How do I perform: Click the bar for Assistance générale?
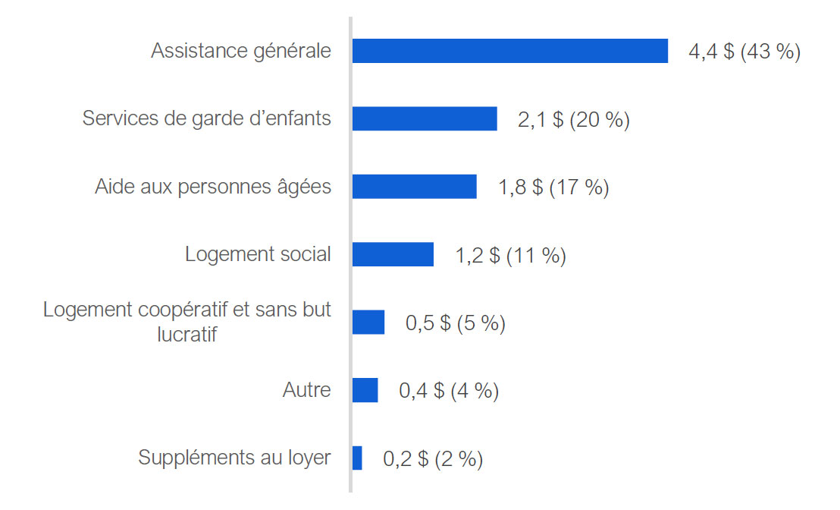point(509,51)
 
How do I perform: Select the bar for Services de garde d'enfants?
point(425,119)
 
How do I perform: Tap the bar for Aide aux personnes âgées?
point(414,187)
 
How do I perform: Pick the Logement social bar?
point(393,254)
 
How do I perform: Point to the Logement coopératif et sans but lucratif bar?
point(368,322)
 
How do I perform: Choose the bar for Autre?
point(365,390)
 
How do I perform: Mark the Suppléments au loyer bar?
point(357,458)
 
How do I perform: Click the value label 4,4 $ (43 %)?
point(744,52)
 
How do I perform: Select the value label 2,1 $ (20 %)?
point(573,120)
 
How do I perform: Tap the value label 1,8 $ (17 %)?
point(553,187)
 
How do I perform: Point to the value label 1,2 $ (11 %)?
point(510,256)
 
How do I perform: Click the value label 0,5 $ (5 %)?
point(455,323)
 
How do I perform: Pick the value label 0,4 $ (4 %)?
point(449,391)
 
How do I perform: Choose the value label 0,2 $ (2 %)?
point(432,459)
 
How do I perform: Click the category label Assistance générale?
point(241,51)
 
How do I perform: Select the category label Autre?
point(306,390)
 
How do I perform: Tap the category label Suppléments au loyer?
point(234,458)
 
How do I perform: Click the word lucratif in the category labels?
point(187,333)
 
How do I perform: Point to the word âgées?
point(307,187)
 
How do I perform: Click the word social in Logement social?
point(306,254)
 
